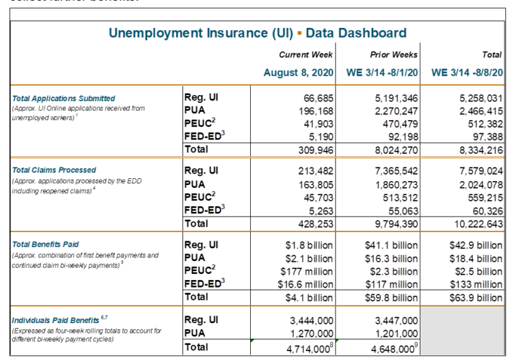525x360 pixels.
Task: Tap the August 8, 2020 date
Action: [x=299, y=72]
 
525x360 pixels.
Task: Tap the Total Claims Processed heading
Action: [x=54, y=169]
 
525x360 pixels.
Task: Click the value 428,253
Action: [x=314, y=223]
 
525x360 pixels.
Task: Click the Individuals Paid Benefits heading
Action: [x=53, y=320]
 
